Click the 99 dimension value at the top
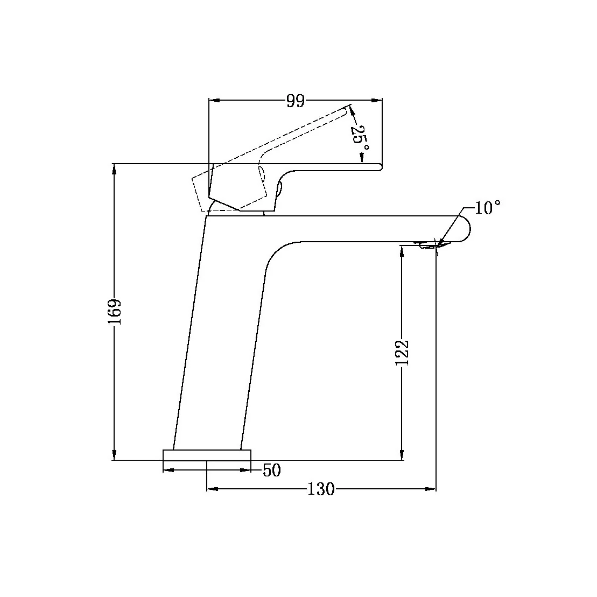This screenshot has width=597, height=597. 295,101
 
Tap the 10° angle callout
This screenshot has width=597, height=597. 488,208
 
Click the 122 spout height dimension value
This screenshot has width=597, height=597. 402,353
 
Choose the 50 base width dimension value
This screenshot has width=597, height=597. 272,470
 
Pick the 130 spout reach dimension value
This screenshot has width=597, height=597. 321,489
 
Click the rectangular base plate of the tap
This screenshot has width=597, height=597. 207,455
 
